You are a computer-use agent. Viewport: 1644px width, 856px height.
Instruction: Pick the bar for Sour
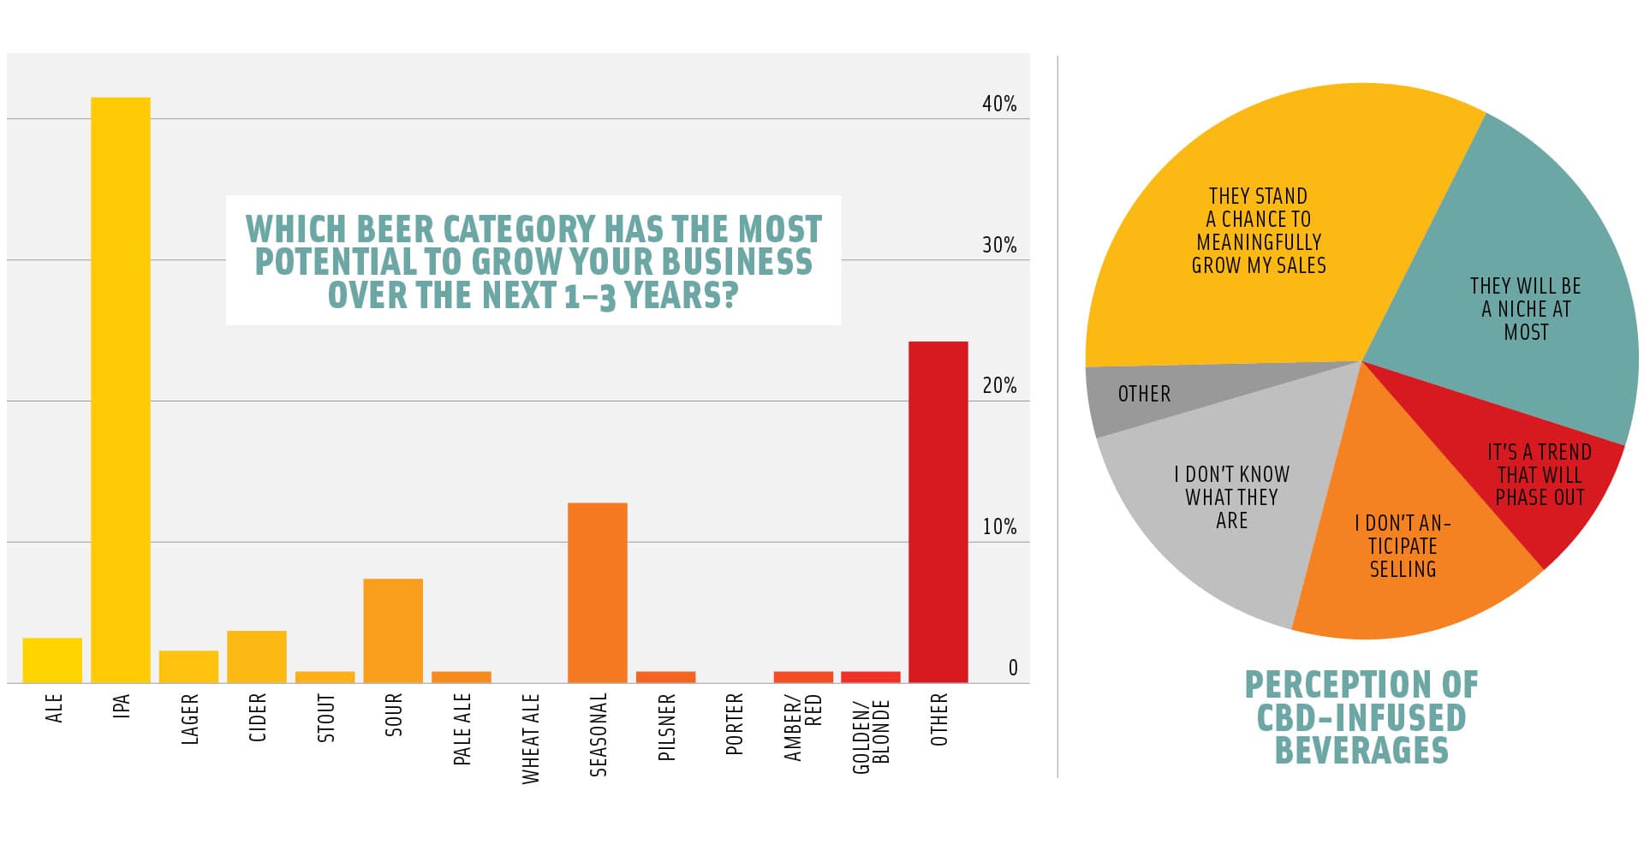coord(393,631)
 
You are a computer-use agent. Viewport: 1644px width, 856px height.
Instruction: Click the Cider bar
coord(257,657)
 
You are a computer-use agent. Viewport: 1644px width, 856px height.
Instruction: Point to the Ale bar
coord(52,660)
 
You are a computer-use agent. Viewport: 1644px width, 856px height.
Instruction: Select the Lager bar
coord(188,667)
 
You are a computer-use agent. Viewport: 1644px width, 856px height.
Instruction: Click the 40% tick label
coord(999,104)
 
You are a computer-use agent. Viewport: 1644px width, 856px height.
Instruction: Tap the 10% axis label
coord(999,527)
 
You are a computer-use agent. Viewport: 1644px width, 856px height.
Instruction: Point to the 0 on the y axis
coord(1013,669)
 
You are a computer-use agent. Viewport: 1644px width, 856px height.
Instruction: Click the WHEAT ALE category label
coord(531,739)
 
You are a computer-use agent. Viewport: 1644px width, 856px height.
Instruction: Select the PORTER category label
coord(735,724)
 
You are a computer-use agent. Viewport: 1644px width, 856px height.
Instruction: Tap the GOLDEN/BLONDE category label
coord(872,735)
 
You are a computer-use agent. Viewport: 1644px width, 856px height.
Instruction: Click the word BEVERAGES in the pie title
coord(1361,751)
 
